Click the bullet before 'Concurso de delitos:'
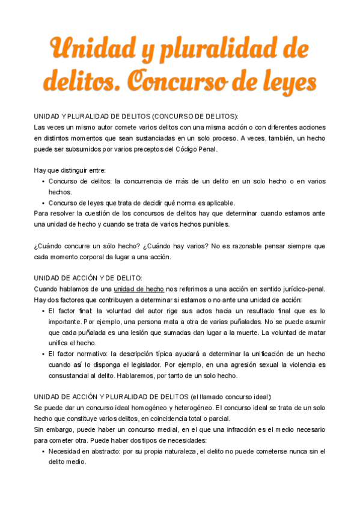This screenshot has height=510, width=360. pos(43,181)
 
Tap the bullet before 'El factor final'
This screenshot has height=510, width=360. pos(43,310)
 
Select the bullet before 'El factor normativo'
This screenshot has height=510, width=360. pos(43,354)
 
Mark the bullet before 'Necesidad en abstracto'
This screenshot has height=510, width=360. pos(43,451)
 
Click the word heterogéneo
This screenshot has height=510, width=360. pos(189,408)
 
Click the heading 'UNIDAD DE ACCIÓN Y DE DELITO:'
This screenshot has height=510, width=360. pos(88,278)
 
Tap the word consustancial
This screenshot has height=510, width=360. pos(63,376)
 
